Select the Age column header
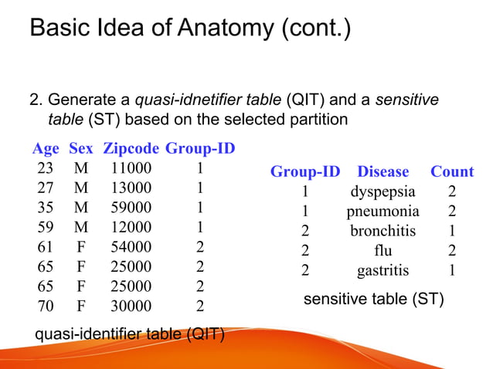coord(46,147)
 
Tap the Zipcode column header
coord(131,147)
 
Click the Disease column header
coord(383,171)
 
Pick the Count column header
coord(452,171)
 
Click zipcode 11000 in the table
coord(131,168)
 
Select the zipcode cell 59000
coord(131,207)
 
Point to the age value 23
coord(44,168)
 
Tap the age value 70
coord(44,306)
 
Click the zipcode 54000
coord(131,247)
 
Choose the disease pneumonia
coord(383,211)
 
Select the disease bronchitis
coord(383,231)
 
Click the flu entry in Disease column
coord(383,250)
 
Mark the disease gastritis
coord(383,270)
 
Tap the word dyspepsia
coord(383,191)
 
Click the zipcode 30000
coord(131,306)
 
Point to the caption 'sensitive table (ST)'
coord(373,299)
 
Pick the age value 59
coord(44,227)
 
